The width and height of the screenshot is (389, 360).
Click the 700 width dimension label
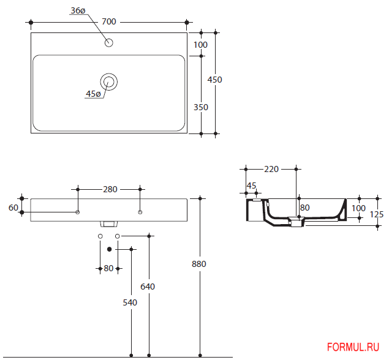(x=109, y=22)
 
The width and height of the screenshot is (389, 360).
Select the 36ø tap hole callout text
(x=78, y=10)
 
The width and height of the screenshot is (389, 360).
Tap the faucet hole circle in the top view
(x=109, y=43)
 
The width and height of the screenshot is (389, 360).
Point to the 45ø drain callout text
(x=93, y=94)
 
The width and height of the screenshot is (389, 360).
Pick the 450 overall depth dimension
(x=214, y=80)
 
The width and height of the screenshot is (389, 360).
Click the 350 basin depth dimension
(x=201, y=107)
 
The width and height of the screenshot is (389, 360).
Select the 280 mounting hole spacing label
(x=110, y=189)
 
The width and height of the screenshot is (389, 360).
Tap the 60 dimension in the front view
(x=13, y=208)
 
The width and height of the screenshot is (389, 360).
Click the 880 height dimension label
(x=199, y=264)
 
